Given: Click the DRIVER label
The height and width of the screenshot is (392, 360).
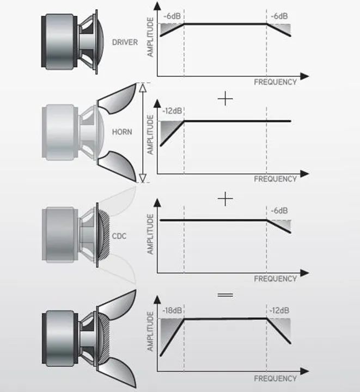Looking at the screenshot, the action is pyautogui.click(x=125, y=42).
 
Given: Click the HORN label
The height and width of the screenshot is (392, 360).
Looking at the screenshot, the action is pyautogui.click(x=122, y=132).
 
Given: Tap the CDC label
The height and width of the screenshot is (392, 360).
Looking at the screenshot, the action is pyautogui.click(x=119, y=236).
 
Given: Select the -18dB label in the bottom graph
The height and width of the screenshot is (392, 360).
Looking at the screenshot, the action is pyautogui.click(x=172, y=310).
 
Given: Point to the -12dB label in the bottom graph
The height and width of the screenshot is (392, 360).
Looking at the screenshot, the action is pyautogui.click(x=279, y=310).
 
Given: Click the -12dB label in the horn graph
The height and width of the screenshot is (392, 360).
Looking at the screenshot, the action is pyautogui.click(x=172, y=111).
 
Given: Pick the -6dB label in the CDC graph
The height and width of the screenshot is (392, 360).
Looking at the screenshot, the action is pyautogui.click(x=279, y=211).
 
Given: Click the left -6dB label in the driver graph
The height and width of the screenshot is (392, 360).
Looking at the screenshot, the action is pyautogui.click(x=172, y=16).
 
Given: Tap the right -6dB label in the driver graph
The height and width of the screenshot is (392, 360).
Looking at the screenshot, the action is pyautogui.click(x=279, y=16).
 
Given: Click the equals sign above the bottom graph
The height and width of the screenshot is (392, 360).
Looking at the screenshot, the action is pyautogui.click(x=225, y=295).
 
